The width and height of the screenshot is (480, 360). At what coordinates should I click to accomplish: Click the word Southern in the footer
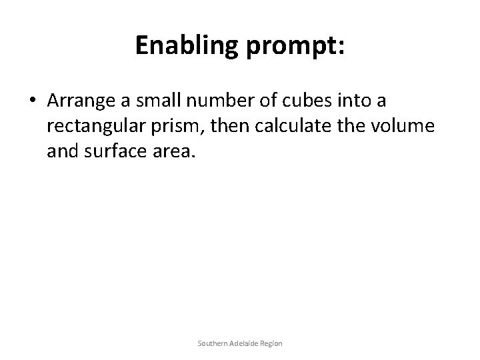212,343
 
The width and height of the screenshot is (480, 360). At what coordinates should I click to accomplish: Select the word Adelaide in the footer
244,343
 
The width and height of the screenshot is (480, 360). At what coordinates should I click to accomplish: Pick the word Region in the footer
271,343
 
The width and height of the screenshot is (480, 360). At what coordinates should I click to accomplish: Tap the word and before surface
63,154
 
